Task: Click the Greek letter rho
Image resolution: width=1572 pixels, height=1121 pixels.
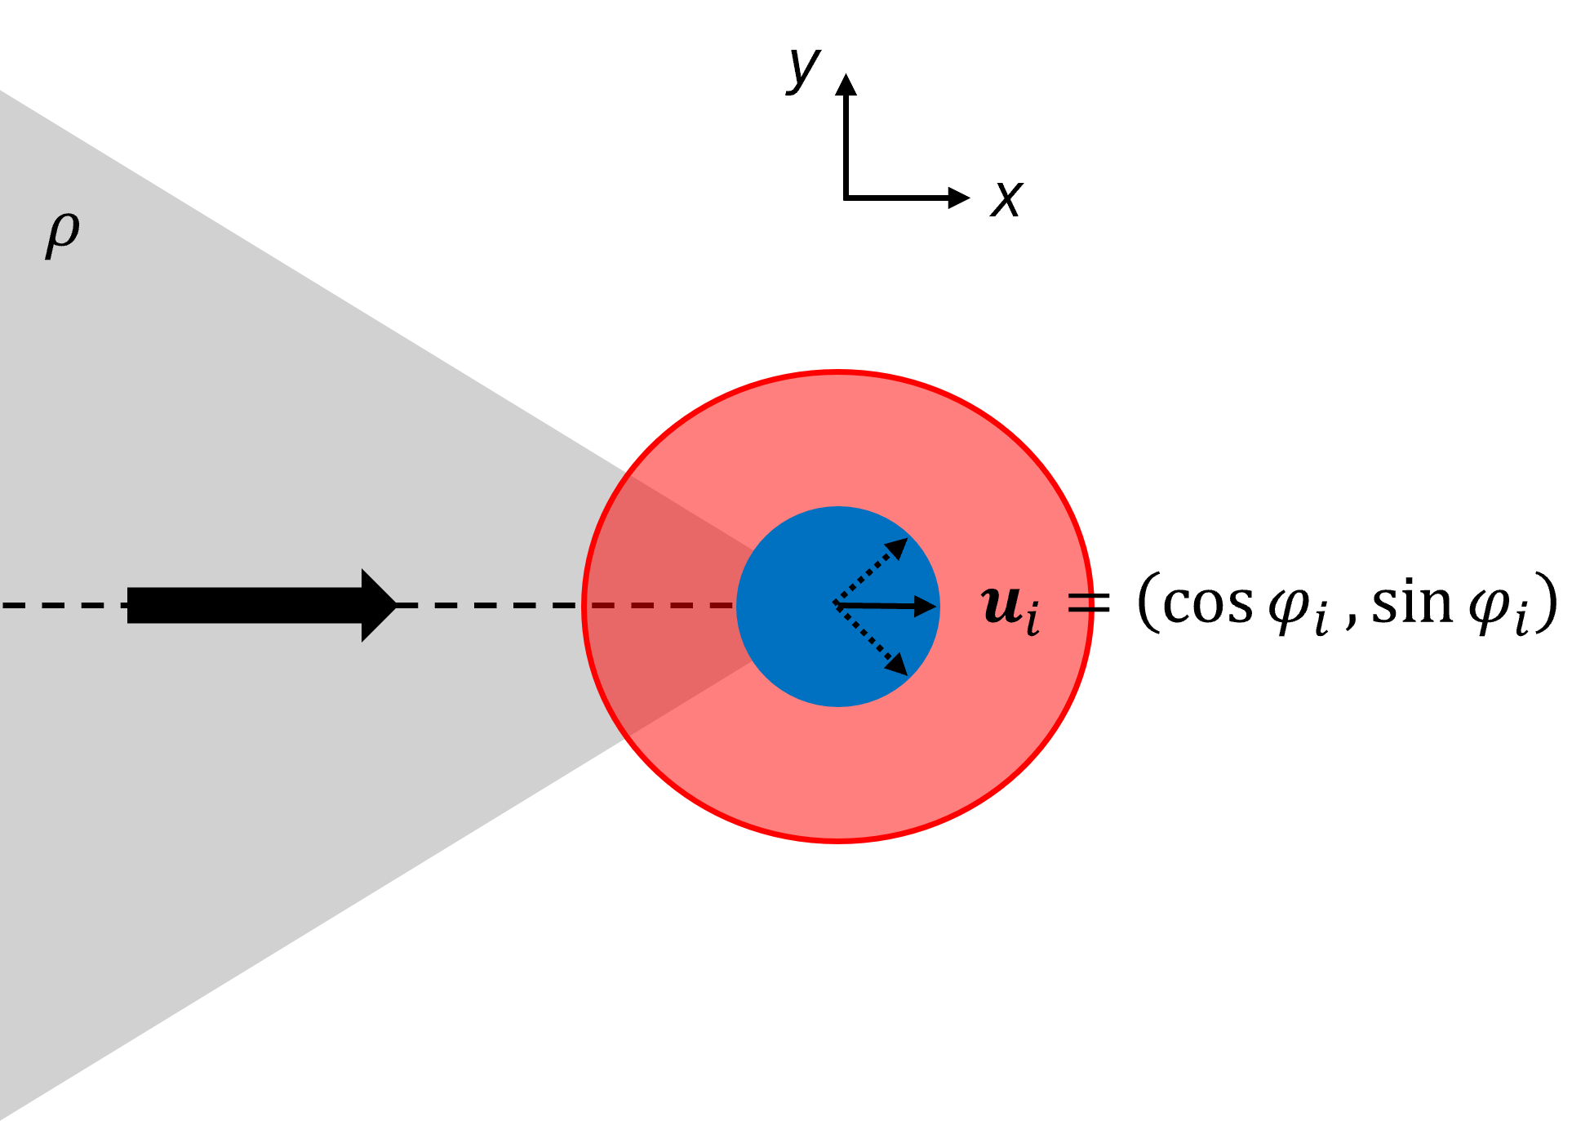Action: click(63, 234)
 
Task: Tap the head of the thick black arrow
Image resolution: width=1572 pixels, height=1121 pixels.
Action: click(378, 605)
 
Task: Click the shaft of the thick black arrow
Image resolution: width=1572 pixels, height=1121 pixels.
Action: click(245, 605)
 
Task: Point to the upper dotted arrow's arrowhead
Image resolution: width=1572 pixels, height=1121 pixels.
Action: click(898, 547)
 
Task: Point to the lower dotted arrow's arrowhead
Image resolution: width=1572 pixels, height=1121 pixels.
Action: click(898, 665)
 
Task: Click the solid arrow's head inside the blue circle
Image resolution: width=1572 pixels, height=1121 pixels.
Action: click(926, 606)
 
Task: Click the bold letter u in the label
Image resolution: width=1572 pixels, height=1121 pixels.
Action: click(1001, 605)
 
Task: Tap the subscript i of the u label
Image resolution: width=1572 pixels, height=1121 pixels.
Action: click(1032, 619)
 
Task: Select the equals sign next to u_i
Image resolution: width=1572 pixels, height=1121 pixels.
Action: click(1081, 603)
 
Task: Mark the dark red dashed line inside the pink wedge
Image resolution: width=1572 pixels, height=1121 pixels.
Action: click(661, 605)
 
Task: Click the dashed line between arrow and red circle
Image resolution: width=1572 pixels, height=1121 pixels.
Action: click(490, 605)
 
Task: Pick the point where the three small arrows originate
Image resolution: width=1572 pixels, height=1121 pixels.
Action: click(834, 604)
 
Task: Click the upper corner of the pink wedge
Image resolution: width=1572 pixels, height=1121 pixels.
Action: click(629, 474)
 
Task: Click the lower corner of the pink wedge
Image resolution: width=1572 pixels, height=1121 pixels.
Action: click(628, 736)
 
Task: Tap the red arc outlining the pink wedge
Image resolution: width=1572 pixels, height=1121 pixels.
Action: click(584, 605)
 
